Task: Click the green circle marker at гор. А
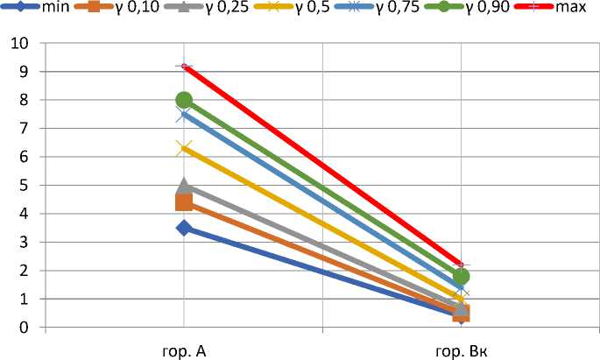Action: point(184,100)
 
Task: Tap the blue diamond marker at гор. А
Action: point(184,228)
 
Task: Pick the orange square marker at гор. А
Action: point(184,202)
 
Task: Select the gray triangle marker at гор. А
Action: point(184,186)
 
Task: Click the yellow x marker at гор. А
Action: point(184,148)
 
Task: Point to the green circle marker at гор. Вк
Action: point(462,276)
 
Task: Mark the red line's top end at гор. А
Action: point(184,67)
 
